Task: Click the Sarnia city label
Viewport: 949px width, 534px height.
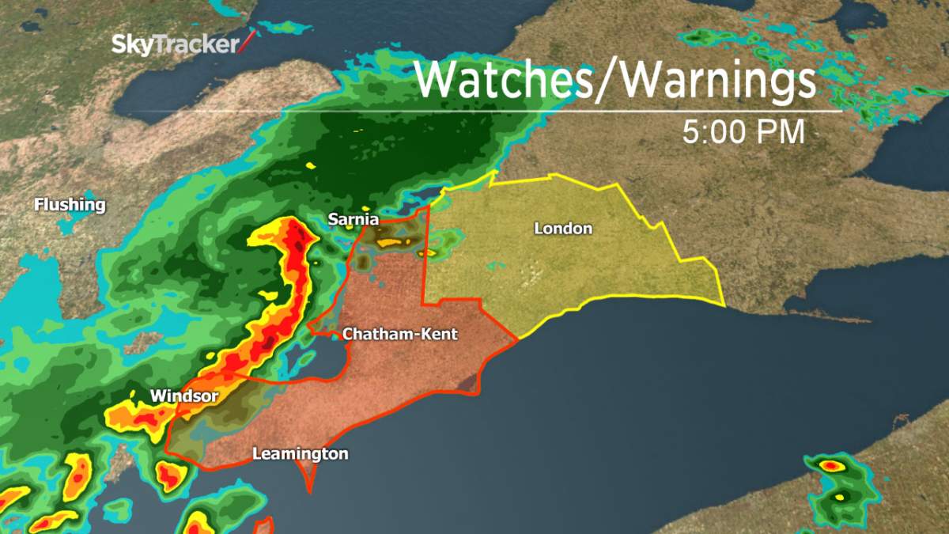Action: (354, 219)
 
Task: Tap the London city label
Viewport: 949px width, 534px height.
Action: (563, 229)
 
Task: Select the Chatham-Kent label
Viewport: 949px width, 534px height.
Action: (399, 335)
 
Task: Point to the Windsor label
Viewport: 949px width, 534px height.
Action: (183, 395)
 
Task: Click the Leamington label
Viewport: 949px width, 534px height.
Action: (300, 454)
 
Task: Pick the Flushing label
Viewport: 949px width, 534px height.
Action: (70, 205)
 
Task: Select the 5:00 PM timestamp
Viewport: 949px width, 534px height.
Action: (743, 132)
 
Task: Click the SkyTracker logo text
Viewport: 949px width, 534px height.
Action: (174, 44)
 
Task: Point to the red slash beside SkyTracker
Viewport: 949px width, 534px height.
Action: (248, 42)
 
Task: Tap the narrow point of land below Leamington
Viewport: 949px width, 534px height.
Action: (309, 479)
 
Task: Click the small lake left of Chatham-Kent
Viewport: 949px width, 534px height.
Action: (324, 352)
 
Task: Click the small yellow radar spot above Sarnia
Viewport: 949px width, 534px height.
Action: (309, 165)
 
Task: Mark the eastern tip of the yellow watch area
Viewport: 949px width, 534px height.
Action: (723, 304)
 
